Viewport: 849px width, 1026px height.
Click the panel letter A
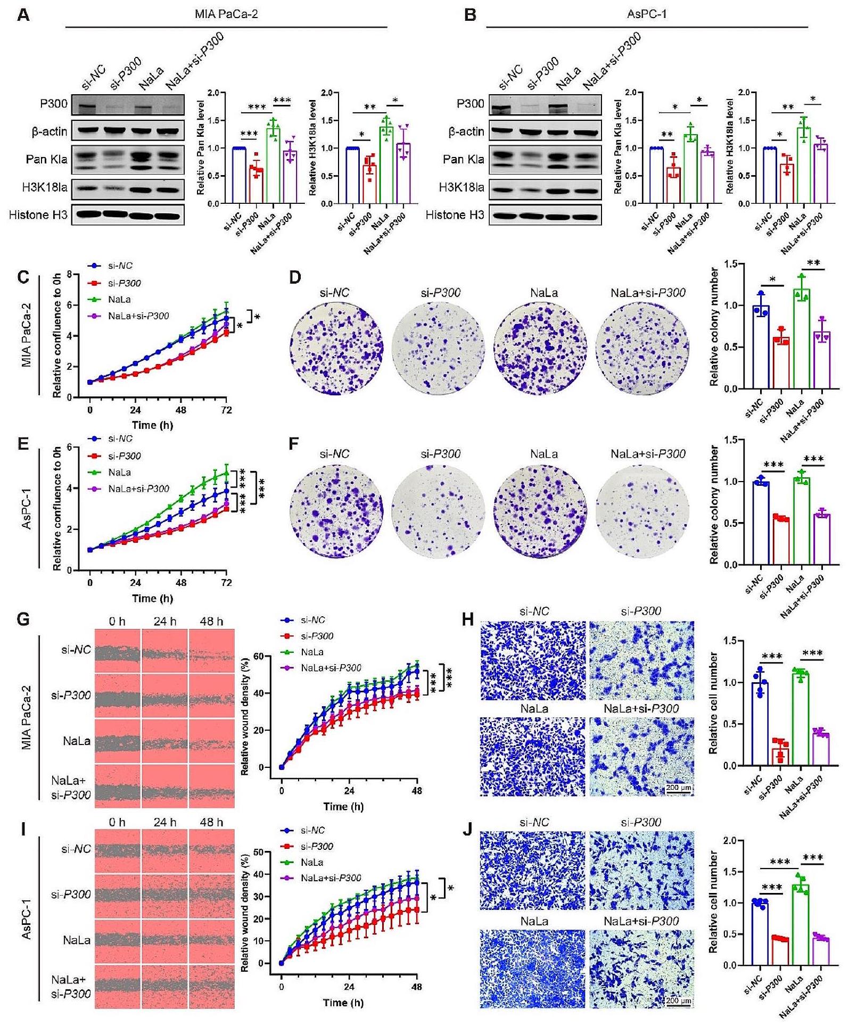(x=23, y=14)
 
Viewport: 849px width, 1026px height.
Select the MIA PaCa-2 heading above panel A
(x=226, y=14)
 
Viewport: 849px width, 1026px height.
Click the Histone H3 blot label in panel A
(x=38, y=215)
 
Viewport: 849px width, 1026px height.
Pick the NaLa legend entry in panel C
(x=119, y=300)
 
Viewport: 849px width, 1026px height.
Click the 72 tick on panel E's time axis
(x=226, y=583)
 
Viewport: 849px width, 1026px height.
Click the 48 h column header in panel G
(x=211, y=622)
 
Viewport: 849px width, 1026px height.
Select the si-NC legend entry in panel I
(x=312, y=830)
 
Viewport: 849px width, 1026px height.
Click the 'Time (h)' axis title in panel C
(x=152, y=425)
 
